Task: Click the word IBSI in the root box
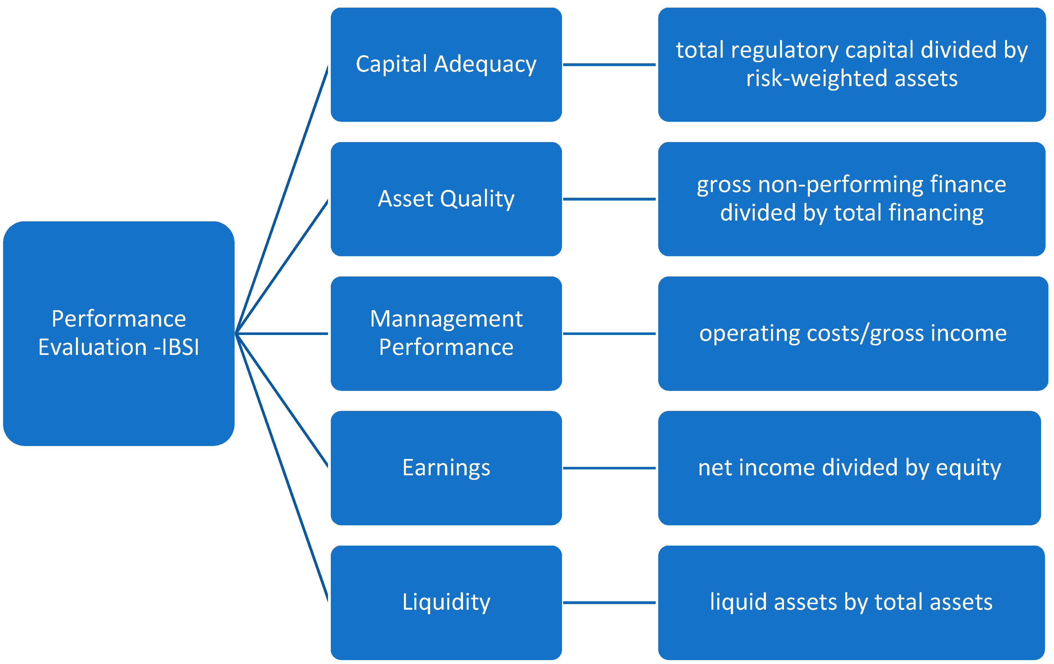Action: pos(180,347)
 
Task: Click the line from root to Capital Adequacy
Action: pos(282,199)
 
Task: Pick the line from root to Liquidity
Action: pos(282,467)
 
